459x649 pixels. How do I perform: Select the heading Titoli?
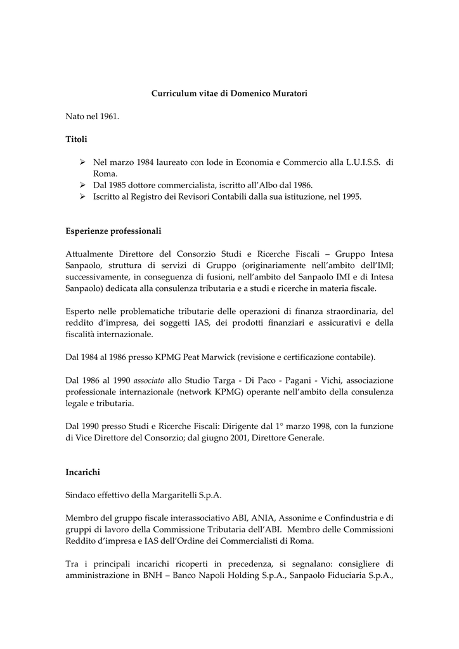pyautogui.click(x=76, y=138)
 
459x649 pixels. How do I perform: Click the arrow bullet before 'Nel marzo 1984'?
pyautogui.click(x=82, y=162)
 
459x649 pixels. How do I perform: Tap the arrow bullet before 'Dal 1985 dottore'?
pyautogui.click(x=82, y=185)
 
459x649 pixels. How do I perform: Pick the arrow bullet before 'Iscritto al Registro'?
pyautogui.click(x=82, y=196)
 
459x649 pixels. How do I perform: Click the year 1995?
pyautogui.click(x=351, y=196)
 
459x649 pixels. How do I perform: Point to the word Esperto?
pyautogui.click(x=81, y=311)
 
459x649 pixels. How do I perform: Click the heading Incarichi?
pyautogui.click(x=83, y=472)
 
